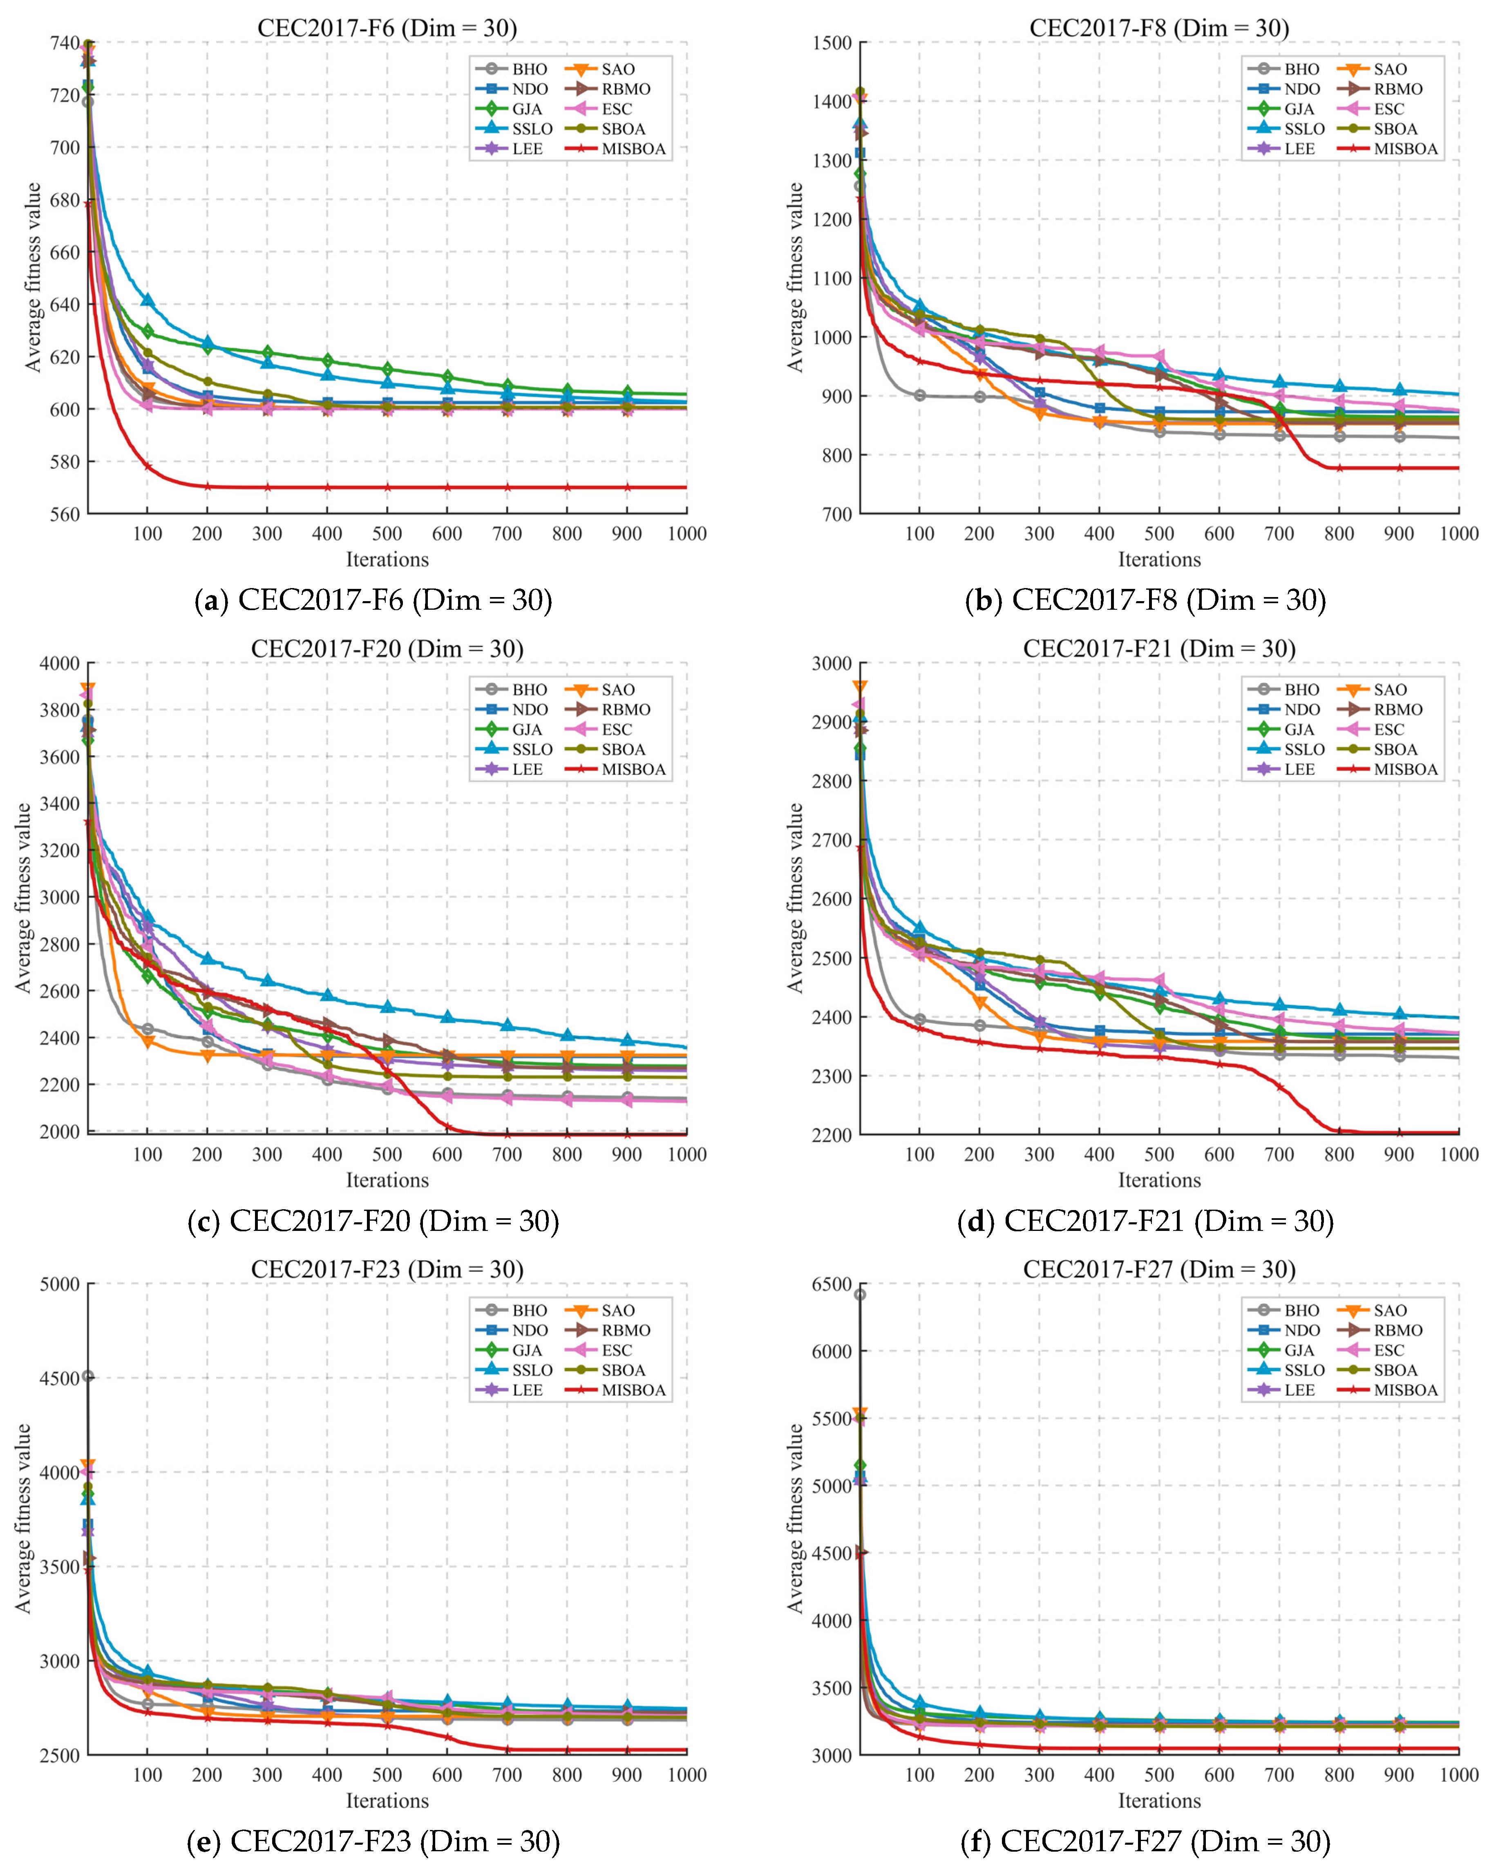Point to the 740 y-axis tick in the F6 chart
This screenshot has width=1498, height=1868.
pos(65,43)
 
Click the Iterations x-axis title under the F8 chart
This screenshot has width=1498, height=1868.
pos(1159,560)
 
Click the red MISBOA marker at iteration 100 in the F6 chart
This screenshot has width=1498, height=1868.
pos(147,466)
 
